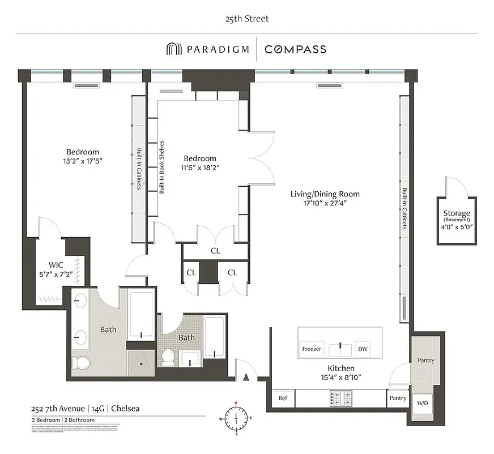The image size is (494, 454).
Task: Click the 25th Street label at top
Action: tap(246, 19)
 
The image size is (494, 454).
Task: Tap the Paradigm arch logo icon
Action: tap(173, 49)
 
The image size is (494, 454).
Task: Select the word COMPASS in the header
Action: tap(295, 49)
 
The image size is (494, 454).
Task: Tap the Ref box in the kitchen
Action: tap(283, 398)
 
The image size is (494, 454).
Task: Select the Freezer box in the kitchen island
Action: tap(312, 348)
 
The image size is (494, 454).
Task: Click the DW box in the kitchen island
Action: tap(362, 348)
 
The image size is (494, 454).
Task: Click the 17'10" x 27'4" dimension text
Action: tap(325, 203)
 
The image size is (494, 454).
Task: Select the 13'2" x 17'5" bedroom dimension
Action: tap(83, 161)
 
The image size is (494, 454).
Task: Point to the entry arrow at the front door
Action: tap(245, 376)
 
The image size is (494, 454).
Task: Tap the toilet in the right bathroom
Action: tap(168, 357)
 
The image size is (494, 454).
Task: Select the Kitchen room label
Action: tap(340, 368)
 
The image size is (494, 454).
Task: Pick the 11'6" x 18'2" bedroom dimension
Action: tap(200, 168)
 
